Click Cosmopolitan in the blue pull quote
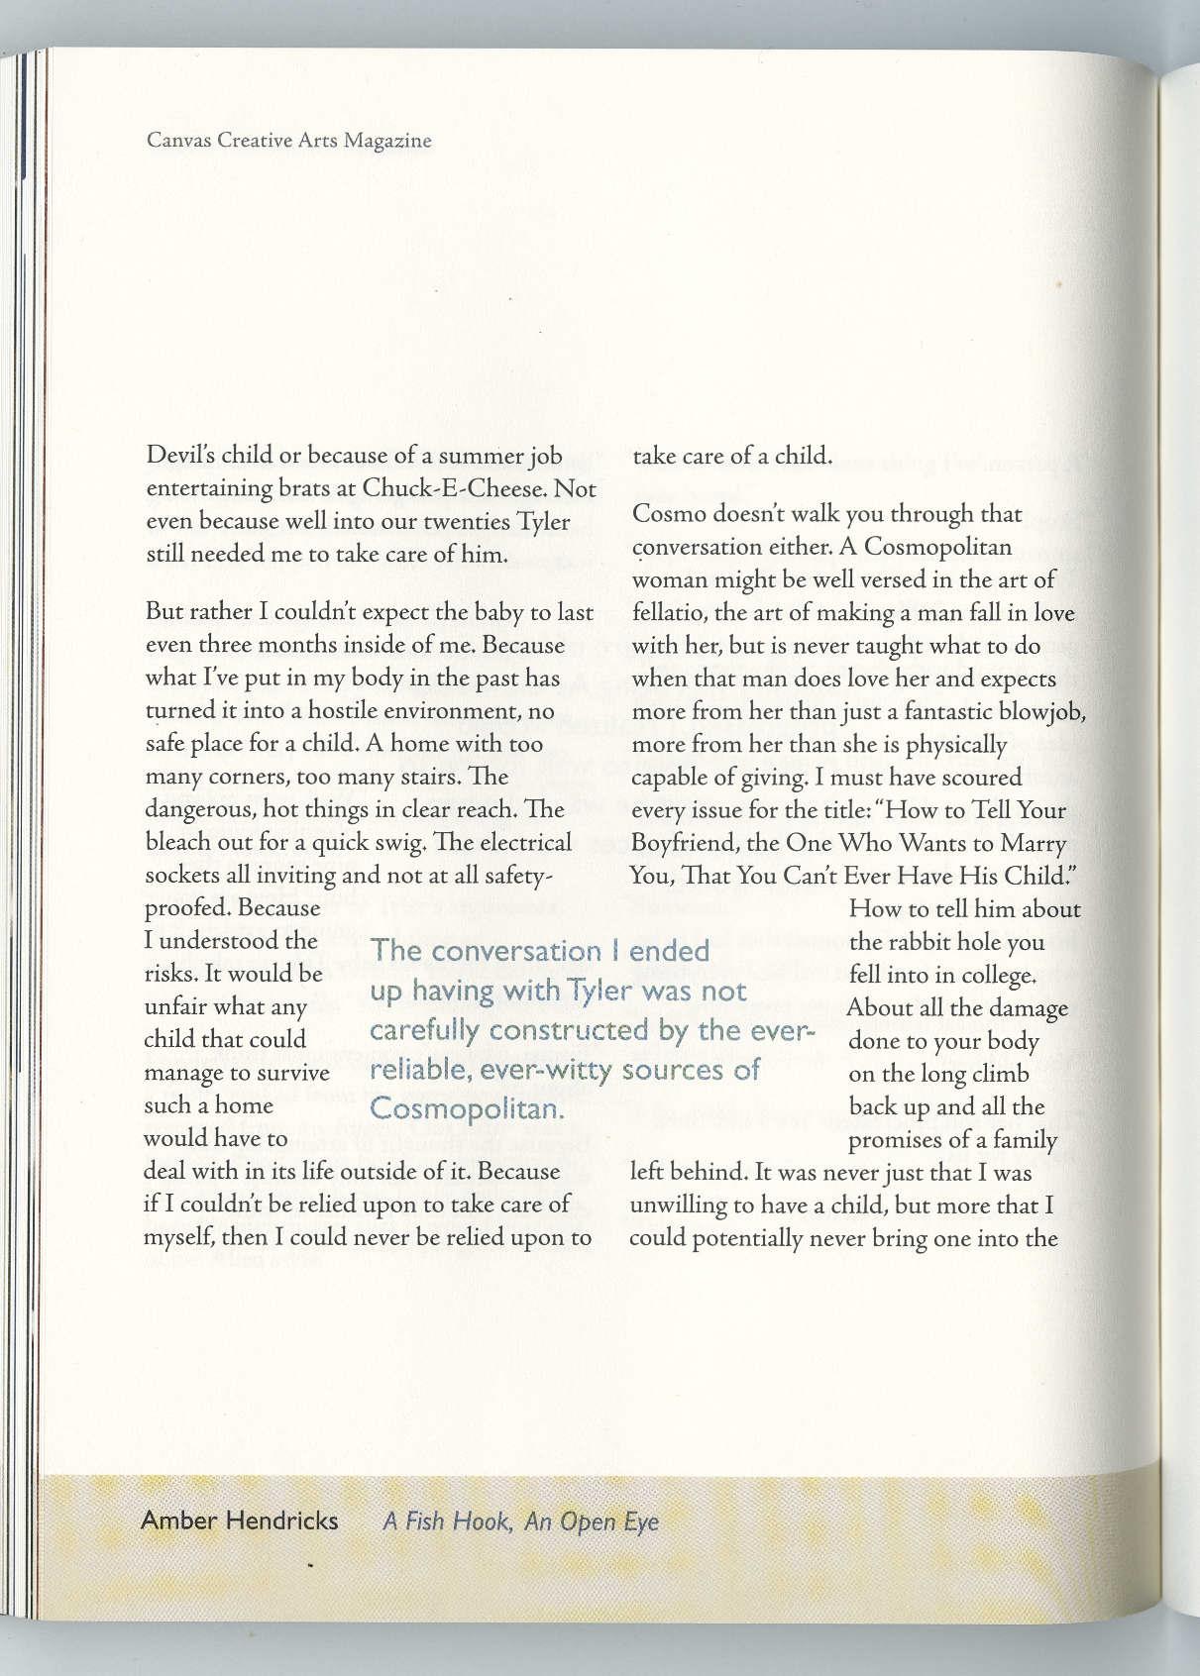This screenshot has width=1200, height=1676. coord(468,1108)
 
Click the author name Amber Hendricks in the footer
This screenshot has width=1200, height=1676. coord(239,1519)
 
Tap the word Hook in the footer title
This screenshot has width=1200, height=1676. coord(482,1520)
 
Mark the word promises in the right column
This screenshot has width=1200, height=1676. coord(896,1140)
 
